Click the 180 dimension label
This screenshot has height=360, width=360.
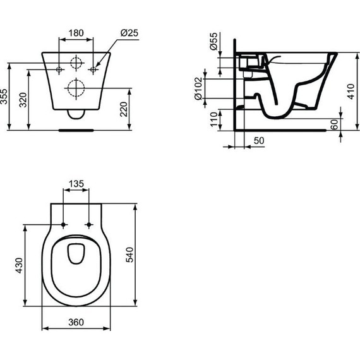coord(76,33)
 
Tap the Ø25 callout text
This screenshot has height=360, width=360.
coord(129,33)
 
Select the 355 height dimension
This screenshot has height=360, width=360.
coord(4,97)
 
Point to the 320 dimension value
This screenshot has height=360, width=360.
coord(23,100)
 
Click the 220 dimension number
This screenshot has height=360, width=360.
coord(124,109)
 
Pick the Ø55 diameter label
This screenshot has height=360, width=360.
coord(213,41)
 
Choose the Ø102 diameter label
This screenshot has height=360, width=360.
coord(198,88)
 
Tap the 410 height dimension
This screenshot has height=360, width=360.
coord(351,92)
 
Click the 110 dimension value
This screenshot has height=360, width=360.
coord(213,119)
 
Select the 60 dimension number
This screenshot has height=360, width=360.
coord(335,124)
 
